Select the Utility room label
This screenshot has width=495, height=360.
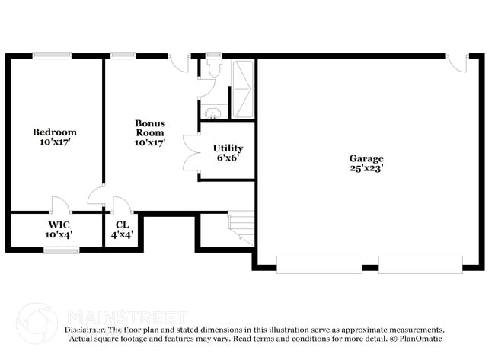pos(228,153)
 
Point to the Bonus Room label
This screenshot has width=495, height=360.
pos(150,132)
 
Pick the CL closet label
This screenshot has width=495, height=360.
pos(122,229)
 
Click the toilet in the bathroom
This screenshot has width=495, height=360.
pos(212,68)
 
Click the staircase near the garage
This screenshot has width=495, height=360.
pos(241,226)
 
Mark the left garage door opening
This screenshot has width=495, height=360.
pos(318,265)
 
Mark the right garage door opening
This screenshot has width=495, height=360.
pos(420,265)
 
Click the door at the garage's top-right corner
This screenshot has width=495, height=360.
pos(457,62)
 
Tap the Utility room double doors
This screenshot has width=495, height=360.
pos(190,152)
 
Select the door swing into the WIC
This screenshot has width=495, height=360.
pos(60,204)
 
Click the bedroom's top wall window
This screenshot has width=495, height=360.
pos(53,56)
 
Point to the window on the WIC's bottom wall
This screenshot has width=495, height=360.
pos(61,249)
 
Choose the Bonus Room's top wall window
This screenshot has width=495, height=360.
pos(123,56)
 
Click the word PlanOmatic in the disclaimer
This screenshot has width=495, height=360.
pos(417,339)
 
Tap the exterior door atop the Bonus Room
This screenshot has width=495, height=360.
pos(180,62)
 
